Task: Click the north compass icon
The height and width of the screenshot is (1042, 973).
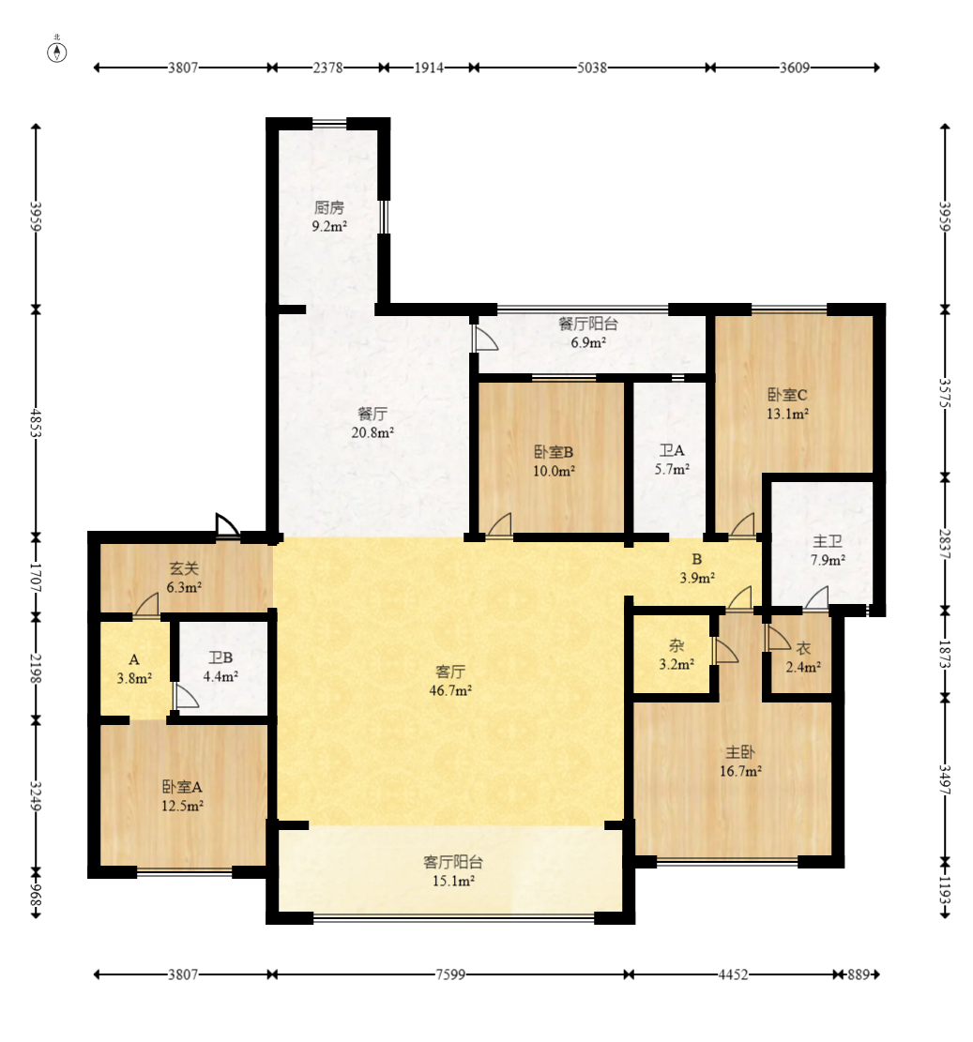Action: [57, 52]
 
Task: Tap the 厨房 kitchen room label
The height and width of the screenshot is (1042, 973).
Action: [329, 208]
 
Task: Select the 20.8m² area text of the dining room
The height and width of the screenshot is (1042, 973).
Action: [372, 432]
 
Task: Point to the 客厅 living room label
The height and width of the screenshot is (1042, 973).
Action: [450, 672]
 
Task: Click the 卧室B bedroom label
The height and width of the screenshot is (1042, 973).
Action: [554, 453]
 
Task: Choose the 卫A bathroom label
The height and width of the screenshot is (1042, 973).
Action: [671, 450]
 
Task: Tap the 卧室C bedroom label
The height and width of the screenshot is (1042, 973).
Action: [787, 395]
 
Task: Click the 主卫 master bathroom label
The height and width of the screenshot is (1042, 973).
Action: [828, 541]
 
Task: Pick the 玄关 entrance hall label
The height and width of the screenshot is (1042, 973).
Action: [184, 569]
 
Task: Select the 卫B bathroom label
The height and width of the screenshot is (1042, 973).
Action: [220, 657]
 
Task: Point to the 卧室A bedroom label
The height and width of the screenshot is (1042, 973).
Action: [182, 788]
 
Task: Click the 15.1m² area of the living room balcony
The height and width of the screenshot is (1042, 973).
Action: [452, 882]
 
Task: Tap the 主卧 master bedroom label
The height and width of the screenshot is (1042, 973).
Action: [739, 753]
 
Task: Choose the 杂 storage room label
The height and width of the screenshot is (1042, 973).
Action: [677, 646]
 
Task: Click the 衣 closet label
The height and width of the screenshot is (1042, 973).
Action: [803, 649]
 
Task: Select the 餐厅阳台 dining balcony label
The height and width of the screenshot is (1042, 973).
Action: [588, 325]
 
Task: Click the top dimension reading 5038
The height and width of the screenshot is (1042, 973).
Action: [592, 68]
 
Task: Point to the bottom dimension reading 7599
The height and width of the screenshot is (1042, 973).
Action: [450, 974]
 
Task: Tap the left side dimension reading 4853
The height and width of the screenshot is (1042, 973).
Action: [36, 423]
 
